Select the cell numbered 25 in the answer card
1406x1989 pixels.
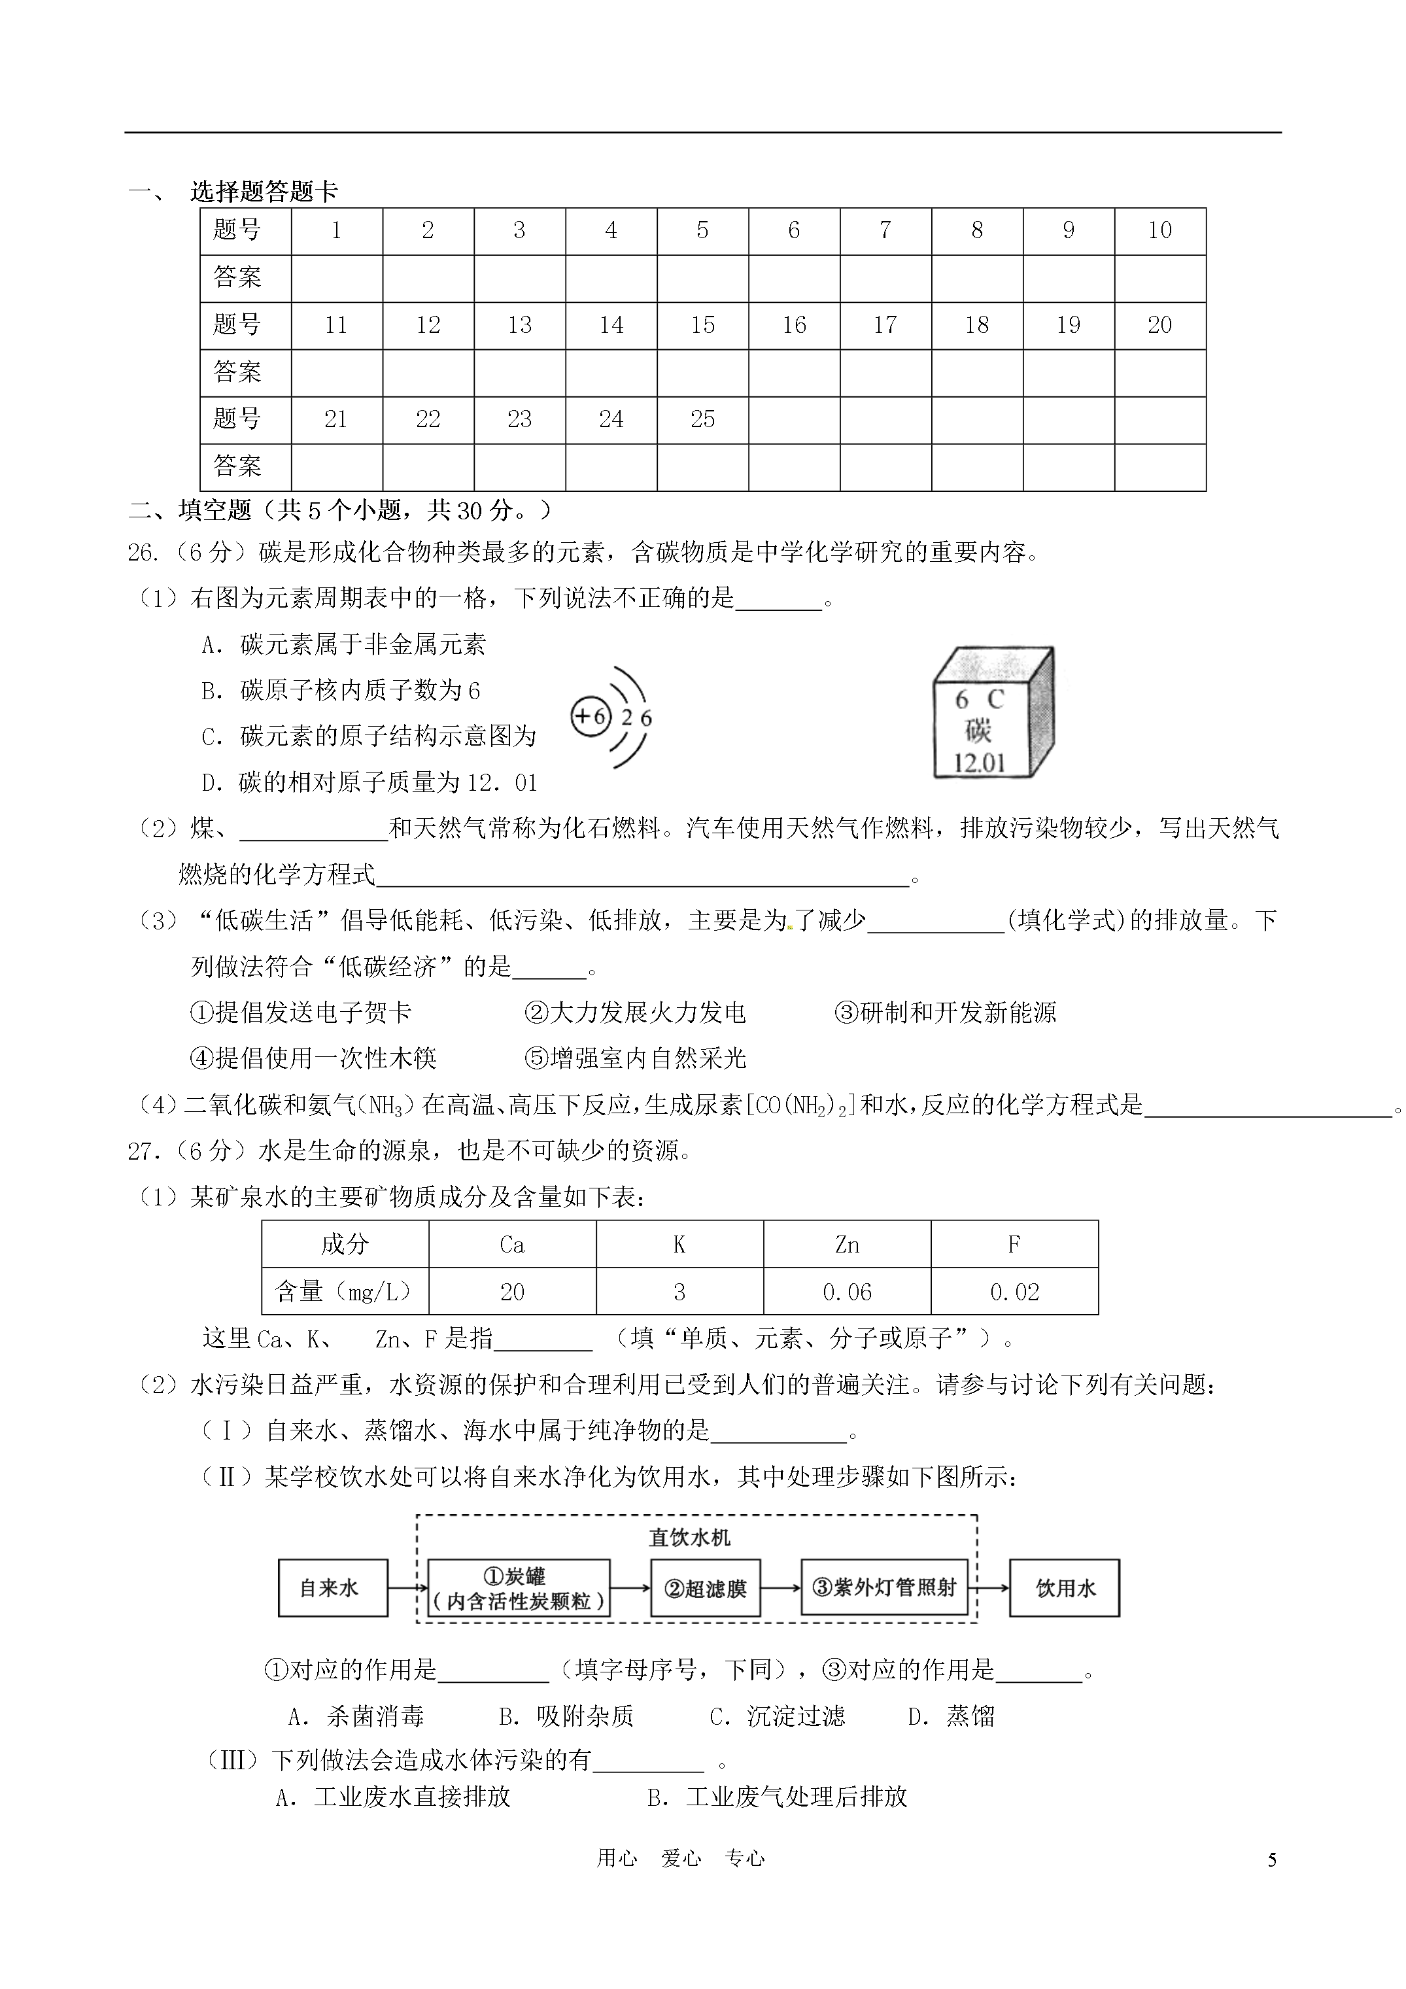[702, 419]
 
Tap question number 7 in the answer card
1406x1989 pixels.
[885, 230]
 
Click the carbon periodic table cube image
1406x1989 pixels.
[993, 713]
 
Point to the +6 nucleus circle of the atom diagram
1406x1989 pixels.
[591, 716]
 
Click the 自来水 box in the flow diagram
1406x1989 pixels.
[332, 1588]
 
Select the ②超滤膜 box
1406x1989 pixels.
[704, 1588]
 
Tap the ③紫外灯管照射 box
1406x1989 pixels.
[883, 1587]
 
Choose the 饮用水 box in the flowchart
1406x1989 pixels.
[1064, 1588]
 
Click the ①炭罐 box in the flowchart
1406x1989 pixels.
[518, 1588]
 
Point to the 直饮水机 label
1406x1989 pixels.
[689, 1538]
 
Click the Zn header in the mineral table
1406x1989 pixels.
[846, 1245]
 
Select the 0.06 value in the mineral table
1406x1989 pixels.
[846, 1292]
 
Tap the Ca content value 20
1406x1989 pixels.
[512, 1292]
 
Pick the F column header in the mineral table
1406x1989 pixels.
[1014, 1245]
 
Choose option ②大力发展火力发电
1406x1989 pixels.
[635, 1012]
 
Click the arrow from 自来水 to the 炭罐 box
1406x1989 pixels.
[408, 1588]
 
